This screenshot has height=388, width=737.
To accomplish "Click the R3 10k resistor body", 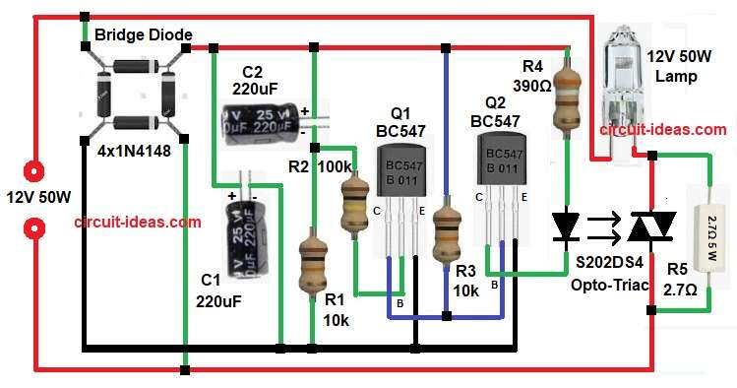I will click(447, 230).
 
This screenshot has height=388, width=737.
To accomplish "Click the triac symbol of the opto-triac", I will click(649, 226).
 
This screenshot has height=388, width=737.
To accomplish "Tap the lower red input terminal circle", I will click(36, 229).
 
